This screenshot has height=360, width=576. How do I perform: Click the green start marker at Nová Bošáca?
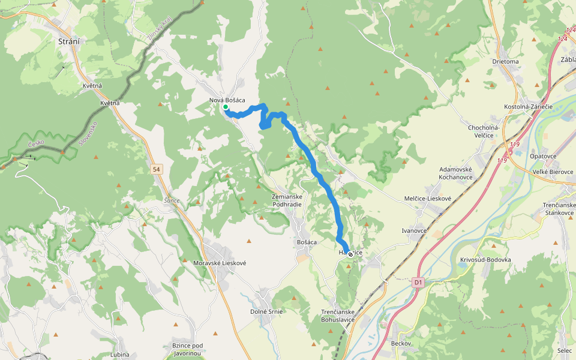pyautogui.click(x=226, y=107)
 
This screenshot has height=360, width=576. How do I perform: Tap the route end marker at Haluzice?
pyautogui.click(x=350, y=254)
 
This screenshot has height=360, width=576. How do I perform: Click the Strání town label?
pyautogui.click(x=70, y=41)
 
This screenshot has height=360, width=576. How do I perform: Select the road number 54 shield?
pyautogui.click(x=157, y=170)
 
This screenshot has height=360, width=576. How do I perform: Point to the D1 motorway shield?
pyautogui.click(x=418, y=281)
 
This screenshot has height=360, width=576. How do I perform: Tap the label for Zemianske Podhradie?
pyautogui.click(x=286, y=200)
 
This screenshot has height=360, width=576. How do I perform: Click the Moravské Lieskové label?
pyautogui.click(x=220, y=263)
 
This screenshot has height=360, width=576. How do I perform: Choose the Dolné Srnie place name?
pyautogui.click(x=266, y=311)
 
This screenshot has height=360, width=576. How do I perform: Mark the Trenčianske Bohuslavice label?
pyautogui.click(x=347, y=316)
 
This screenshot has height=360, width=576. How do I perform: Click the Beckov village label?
pyautogui.click(x=401, y=343)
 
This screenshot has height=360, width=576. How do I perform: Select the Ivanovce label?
pyautogui.click(x=414, y=230)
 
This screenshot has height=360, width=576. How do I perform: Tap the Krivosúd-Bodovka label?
pyautogui.click(x=485, y=259)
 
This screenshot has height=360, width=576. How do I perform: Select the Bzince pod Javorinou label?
pyautogui.click(x=188, y=350)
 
